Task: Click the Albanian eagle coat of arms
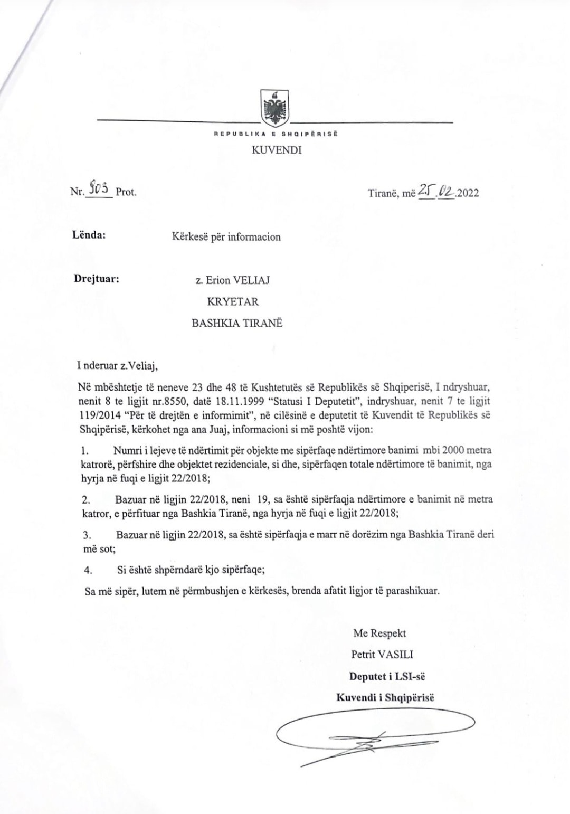[x=275, y=108]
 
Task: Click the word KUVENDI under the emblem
[x=277, y=150]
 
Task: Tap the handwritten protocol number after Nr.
[x=99, y=188]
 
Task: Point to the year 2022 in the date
[x=468, y=193]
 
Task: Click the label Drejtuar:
[x=96, y=278]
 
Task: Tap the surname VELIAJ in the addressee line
[x=251, y=280]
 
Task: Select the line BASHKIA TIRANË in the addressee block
[x=237, y=323]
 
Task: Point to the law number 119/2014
[x=100, y=414]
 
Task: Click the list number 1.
[x=83, y=451]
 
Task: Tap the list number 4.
[x=88, y=570]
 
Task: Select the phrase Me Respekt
[x=379, y=633]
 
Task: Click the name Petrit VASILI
[x=382, y=655]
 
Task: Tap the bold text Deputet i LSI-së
[x=386, y=676]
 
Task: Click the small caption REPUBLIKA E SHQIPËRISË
[x=275, y=134]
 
